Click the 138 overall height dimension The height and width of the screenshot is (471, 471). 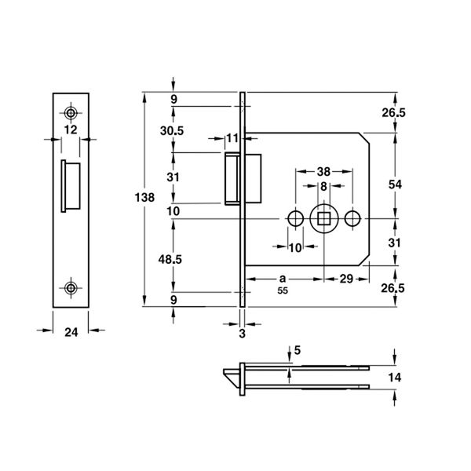click(144, 198)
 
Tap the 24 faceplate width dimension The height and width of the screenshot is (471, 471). click(71, 333)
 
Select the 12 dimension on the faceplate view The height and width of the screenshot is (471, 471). click(71, 130)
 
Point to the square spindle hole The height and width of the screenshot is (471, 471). click(323, 218)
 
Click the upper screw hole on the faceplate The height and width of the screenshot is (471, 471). click(71, 113)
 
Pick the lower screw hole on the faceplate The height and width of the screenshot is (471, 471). click(71, 288)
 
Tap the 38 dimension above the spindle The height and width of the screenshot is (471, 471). click(323, 172)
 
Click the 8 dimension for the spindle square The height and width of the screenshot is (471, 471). click(323, 187)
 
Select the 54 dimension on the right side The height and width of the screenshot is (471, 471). click(395, 184)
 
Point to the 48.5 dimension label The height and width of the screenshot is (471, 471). click(170, 259)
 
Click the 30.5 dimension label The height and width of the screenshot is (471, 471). click(171, 131)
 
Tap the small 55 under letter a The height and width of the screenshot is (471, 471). click(283, 290)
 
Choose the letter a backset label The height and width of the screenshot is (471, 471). click(283, 279)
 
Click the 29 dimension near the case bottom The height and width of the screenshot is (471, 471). click(346, 279)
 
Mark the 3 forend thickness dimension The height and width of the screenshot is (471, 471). click(243, 334)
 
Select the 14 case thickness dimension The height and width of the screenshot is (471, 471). click(395, 378)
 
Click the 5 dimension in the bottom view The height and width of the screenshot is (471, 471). click(298, 350)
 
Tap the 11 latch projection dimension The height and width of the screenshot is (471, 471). click(232, 138)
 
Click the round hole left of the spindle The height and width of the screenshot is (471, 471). click(296, 218)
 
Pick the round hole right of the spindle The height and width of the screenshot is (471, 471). click(352, 218)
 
